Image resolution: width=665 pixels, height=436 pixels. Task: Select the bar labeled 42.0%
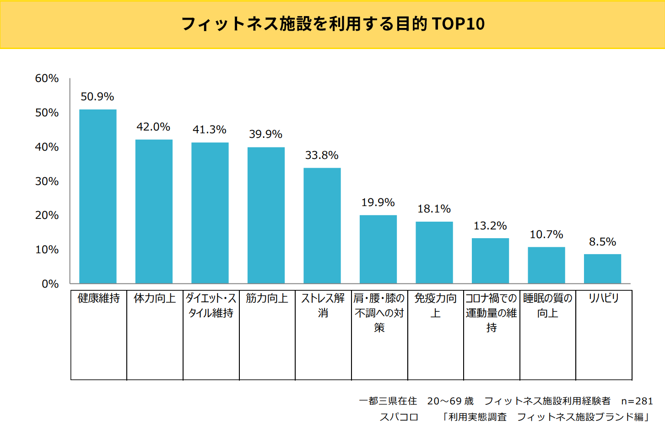pos(154,211)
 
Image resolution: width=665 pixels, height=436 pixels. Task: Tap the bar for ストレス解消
pos(322,225)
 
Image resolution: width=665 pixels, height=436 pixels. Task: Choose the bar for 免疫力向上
pos(434,252)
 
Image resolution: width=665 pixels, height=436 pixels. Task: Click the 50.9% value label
pos(97,97)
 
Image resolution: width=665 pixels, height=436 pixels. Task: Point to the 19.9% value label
pos(378,202)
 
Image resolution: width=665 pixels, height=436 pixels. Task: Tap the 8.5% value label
pos(602,242)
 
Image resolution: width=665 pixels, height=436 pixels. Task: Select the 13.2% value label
pos(490,226)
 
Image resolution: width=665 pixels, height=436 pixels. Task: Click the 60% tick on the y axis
pos(47,78)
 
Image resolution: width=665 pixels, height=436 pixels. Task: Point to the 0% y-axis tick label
pos(50,284)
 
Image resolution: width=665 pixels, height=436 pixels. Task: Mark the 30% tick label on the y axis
pos(47,181)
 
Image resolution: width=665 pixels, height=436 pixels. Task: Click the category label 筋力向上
pos(267,299)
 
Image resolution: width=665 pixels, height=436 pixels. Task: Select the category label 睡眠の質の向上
pos(547,305)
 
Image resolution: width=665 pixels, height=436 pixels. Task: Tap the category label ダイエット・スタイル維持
pos(211,305)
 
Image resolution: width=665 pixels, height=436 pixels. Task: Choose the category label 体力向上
pos(155,299)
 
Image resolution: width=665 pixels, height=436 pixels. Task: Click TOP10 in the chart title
pos(458,24)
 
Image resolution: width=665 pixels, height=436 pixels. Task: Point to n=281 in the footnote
pos(637,401)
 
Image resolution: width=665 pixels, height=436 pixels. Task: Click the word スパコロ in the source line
pos(399,417)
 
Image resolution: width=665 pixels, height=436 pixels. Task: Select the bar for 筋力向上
pos(266,215)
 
